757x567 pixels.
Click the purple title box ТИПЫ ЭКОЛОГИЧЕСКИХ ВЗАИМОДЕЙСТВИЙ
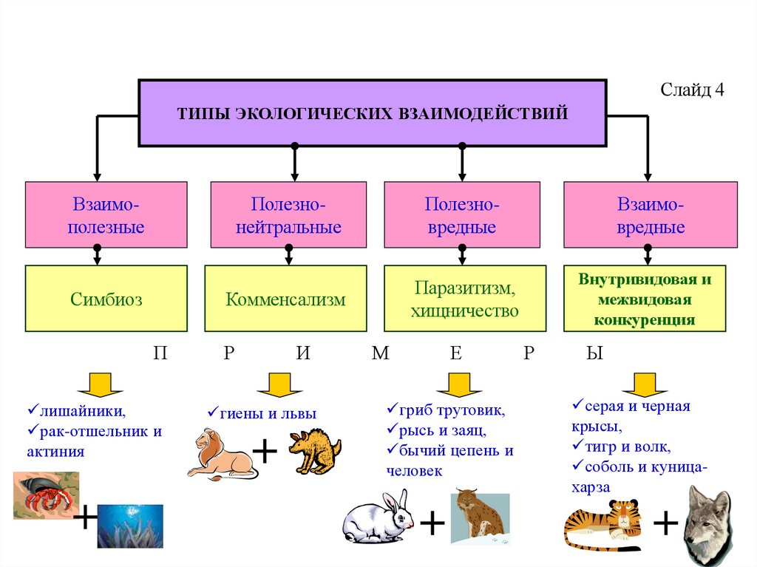(x=373, y=112)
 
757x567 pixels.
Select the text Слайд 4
(x=693, y=90)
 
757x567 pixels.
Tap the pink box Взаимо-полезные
(x=106, y=214)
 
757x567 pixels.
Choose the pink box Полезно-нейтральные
(x=288, y=214)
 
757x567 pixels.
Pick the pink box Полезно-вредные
(x=461, y=214)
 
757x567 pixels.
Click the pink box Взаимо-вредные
(x=650, y=214)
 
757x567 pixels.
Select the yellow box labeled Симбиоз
(x=106, y=299)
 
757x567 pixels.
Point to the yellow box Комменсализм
(x=285, y=299)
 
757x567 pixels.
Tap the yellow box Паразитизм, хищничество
(x=464, y=299)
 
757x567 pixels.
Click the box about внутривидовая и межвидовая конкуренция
(x=645, y=299)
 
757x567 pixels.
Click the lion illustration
(x=218, y=454)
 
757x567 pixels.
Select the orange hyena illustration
(x=314, y=452)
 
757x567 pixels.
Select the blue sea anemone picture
(x=130, y=526)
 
